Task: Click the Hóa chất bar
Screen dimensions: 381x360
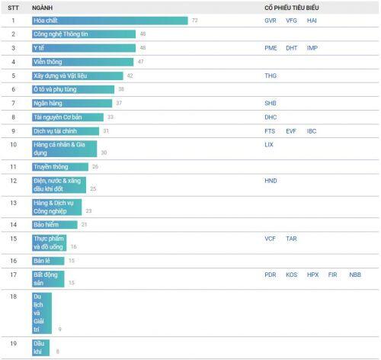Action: point(110,21)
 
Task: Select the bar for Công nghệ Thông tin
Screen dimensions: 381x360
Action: point(84,34)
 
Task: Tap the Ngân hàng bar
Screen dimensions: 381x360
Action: point(72,103)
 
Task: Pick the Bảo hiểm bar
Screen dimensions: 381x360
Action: point(55,225)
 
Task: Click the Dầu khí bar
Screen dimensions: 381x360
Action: point(41,348)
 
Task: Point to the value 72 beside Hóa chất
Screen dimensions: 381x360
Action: point(195,21)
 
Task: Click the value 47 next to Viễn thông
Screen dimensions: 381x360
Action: point(141,62)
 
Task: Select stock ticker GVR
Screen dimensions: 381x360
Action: point(271,21)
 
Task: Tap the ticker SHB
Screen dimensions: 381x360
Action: point(271,103)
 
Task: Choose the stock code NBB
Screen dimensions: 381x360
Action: point(355,275)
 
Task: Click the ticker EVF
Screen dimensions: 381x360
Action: point(291,131)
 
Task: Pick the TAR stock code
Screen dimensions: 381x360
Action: point(291,239)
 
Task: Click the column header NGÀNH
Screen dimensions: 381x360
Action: point(42,8)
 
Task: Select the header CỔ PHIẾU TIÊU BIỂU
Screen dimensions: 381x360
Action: point(292,8)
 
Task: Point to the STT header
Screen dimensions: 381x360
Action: point(13,8)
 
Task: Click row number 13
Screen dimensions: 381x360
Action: point(14,203)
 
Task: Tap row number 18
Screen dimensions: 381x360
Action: point(14,297)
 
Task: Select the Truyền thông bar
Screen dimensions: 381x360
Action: point(60,167)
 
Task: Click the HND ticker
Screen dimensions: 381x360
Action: point(271,181)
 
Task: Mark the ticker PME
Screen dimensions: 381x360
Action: point(271,48)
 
